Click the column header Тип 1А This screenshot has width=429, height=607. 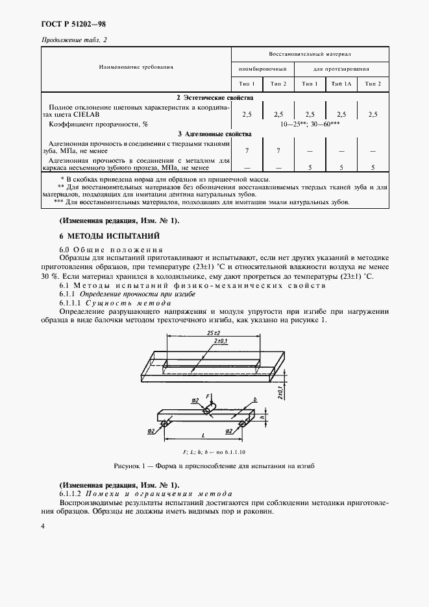click(341, 84)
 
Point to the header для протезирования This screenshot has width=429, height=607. click(341, 68)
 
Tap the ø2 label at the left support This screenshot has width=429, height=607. click(151, 430)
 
